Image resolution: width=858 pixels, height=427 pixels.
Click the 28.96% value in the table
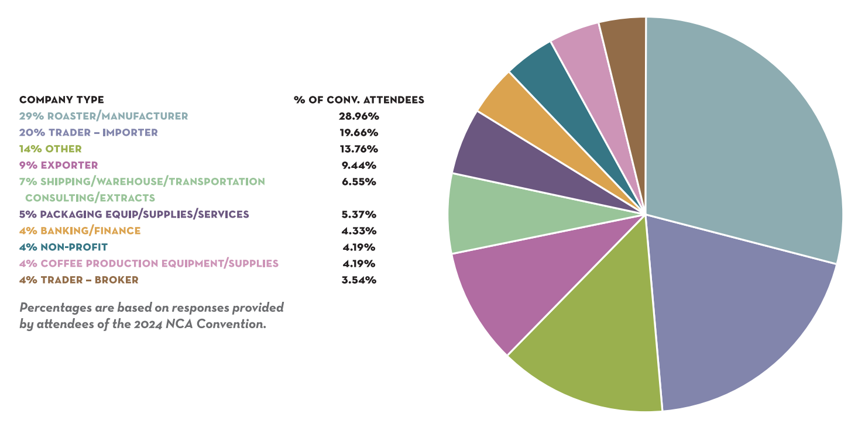pyautogui.click(x=359, y=116)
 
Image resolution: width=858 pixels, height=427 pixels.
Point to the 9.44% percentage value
pyautogui.click(x=359, y=165)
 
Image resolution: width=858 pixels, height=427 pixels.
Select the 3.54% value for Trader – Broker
pyautogui.click(x=359, y=280)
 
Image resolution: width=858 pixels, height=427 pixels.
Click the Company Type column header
pyautogui.click(x=61, y=100)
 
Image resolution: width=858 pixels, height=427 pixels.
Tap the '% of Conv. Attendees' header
pyautogui.click(x=359, y=100)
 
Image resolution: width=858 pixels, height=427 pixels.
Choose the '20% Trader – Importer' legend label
pyautogui.click(x=88, y=132)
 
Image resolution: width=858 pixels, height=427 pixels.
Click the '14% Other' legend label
pyautogui.click(x=50, y=149)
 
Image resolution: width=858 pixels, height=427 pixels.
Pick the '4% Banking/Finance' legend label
pyautogui.click(x=80, y=230)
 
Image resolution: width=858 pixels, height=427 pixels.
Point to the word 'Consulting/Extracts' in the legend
pyautogui.click(x=90, y=198)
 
